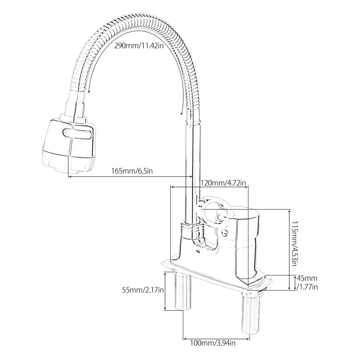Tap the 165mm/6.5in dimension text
coord(132,171)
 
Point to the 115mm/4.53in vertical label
coord(294,243)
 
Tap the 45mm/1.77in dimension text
coord(307,282)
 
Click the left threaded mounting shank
coord(183,292)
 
